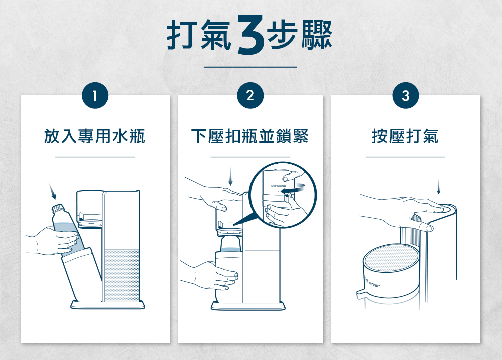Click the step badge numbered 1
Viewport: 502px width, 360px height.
coord(95,96)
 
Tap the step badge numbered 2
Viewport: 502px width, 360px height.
coord(250,96)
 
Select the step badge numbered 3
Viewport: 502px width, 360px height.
coord(406,96)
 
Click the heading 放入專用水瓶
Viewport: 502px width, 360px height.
coord(94,136)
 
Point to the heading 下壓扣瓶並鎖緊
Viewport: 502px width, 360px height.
coord(249,136)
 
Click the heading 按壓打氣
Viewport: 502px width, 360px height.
coord(405,136)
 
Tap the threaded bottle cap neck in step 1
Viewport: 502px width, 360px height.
coord(59,210)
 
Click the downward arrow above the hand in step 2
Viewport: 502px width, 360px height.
coord(231,176)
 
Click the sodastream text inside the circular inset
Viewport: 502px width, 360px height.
coord(278,186)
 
